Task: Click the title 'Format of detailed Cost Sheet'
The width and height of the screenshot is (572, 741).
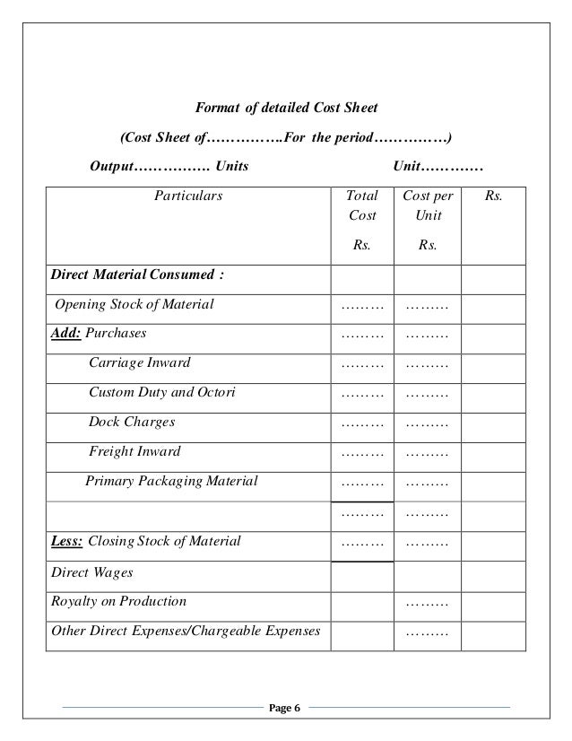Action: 286,109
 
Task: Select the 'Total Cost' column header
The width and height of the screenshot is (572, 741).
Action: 362,205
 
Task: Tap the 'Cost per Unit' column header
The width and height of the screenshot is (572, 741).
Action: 428,205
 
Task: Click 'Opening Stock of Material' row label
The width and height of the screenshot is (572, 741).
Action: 134,304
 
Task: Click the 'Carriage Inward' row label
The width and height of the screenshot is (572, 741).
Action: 139,362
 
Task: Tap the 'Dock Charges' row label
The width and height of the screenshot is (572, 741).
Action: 132,422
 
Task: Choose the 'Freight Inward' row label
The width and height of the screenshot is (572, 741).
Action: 134,451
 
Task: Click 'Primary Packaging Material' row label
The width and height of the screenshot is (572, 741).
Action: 171,481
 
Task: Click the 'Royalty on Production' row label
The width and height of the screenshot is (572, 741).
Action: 119,600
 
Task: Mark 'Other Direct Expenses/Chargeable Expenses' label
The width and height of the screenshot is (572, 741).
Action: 186,630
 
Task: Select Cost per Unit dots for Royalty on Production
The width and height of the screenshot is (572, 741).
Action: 427,602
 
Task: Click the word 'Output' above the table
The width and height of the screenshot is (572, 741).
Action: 111,168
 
